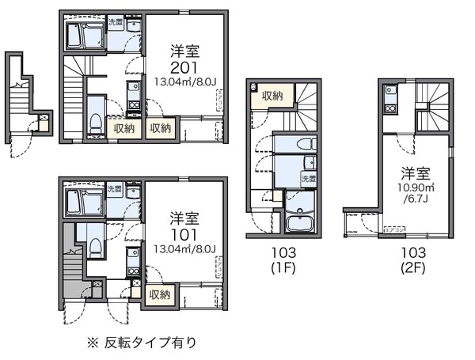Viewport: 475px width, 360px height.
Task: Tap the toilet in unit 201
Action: point(94,119)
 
